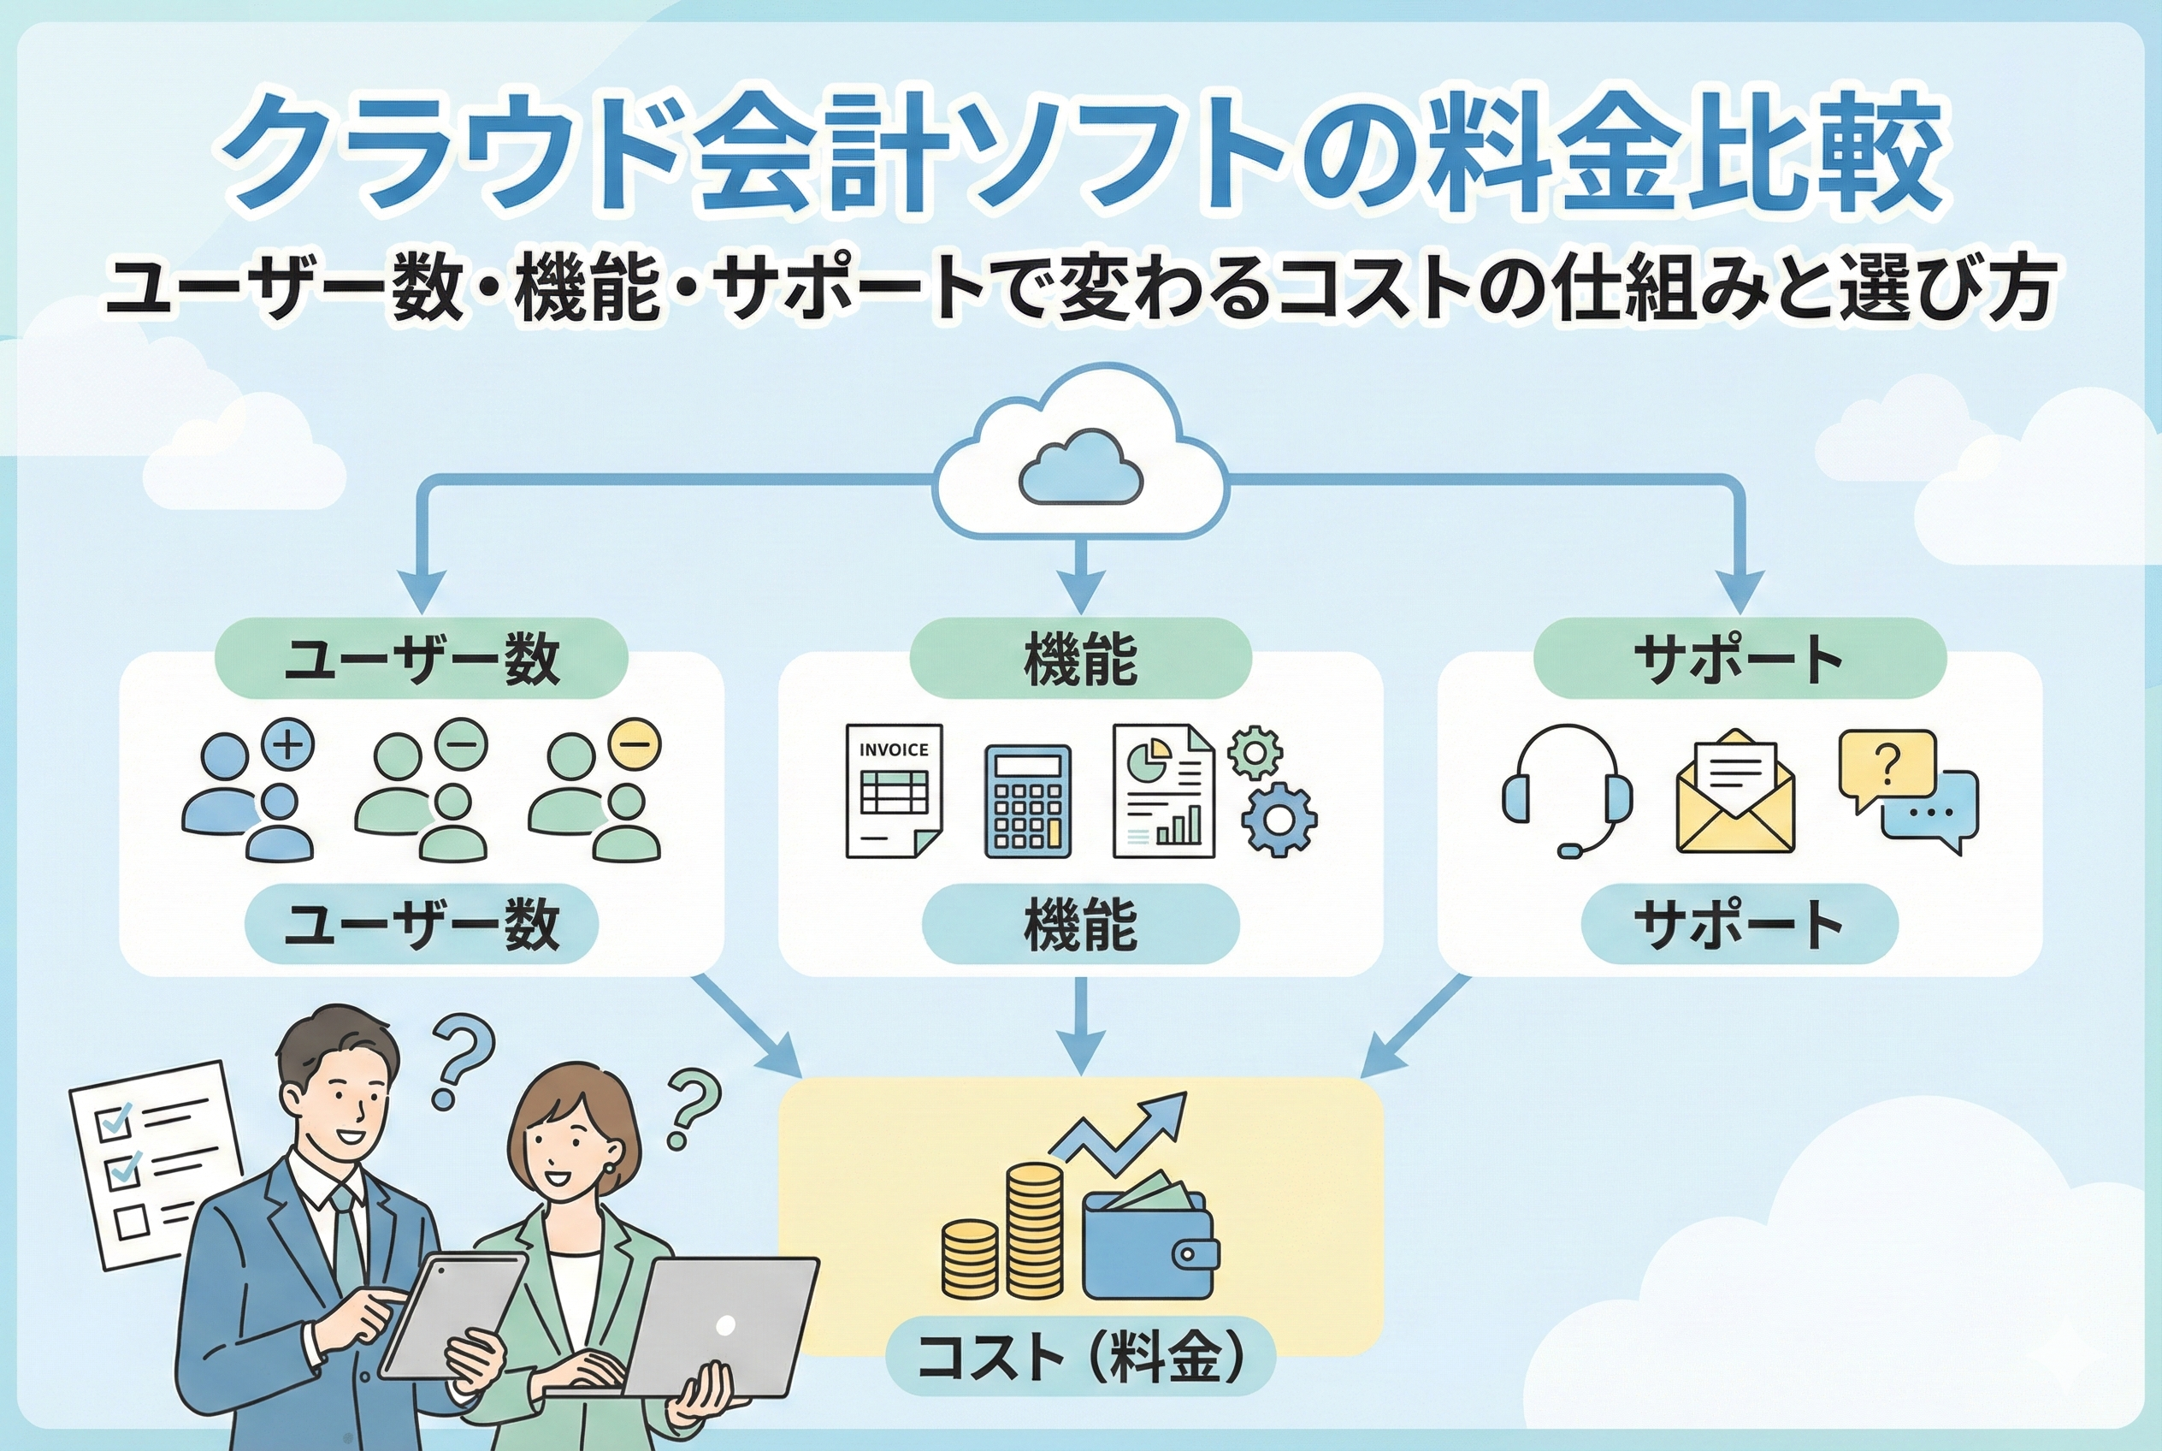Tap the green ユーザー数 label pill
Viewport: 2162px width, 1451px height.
[421, 659]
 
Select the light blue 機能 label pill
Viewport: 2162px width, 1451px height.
[1079, 923]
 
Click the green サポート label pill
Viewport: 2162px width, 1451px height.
[1740, 659]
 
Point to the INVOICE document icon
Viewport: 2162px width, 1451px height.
[893, 791]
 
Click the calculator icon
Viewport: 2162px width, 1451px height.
[1027, 802]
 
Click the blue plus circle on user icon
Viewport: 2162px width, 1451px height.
[288, 744]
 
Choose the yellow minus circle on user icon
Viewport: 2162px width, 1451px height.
[635, 743]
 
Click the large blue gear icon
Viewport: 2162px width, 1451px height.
[1278, 820]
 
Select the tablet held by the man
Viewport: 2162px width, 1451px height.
[453, 1314]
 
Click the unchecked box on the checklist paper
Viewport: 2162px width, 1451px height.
[133, 1221]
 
